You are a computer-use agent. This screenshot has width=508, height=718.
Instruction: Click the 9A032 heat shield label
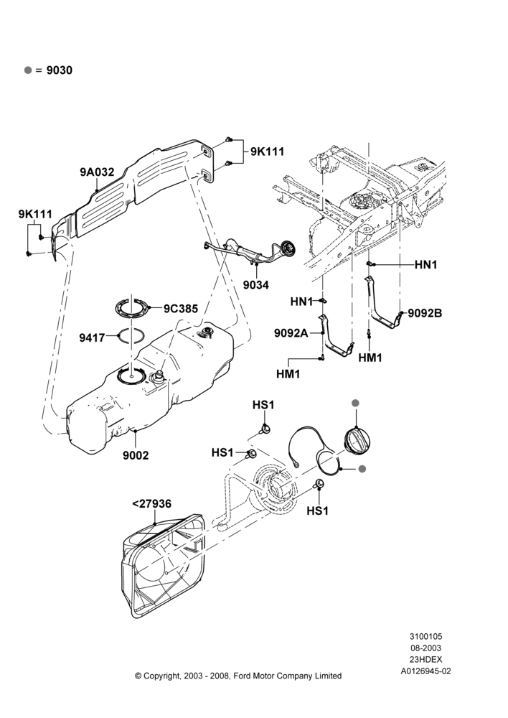[97, 172]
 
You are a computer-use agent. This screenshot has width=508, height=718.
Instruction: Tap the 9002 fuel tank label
[136, 455]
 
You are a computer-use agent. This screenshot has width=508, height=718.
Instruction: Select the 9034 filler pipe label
[256, 285]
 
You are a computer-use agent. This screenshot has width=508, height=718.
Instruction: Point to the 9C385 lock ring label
[181, 309]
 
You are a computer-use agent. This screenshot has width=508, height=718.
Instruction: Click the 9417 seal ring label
[92, 338]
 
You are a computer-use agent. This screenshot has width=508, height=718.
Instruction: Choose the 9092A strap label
[291, 333]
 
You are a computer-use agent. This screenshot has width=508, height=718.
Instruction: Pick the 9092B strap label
[425, 313]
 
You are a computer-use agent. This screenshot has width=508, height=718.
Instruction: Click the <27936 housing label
[151, 504]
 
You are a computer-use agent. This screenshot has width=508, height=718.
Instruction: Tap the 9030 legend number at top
[60, 70]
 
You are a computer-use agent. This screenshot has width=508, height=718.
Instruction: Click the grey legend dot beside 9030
[29, 70]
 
